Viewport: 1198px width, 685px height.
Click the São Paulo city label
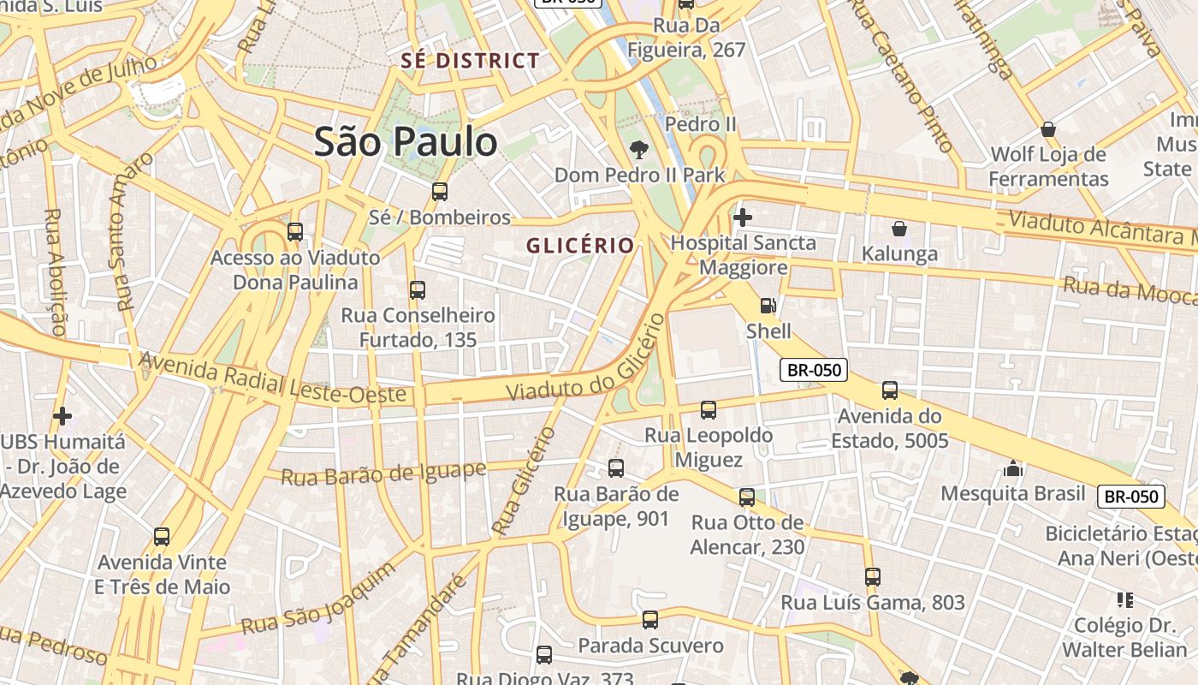coord(405,141)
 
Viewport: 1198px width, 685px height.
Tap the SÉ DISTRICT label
coord(471,61)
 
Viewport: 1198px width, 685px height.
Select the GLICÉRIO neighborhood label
coord(580,246)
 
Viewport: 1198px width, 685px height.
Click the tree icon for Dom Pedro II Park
coord(638,151)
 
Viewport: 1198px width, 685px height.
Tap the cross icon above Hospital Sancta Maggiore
coord(743,217)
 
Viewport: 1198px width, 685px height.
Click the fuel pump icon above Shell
coord(768,306)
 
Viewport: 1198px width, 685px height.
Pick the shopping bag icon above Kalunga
coord(899,229)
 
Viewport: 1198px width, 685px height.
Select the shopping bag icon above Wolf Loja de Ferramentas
coord(1048,129)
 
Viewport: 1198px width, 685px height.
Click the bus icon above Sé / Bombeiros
coord(440,192)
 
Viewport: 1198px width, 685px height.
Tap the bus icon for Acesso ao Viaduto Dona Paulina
coord(295,231)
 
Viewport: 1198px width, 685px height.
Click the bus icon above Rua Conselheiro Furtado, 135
coord(418,290)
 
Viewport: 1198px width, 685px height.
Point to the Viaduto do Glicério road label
coord(585,360)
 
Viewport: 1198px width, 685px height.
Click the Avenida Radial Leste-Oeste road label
coord(272,378)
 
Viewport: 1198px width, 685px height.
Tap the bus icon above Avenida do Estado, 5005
coord(890,390)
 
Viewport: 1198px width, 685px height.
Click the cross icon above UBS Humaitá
coord(62,416)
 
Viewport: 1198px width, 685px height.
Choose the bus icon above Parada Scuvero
coord(650,619)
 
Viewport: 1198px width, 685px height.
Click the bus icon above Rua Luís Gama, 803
coord(873,577)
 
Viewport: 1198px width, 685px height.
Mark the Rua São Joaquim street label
coord(318,599)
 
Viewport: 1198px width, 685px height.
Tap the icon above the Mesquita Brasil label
coord(1014,468)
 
